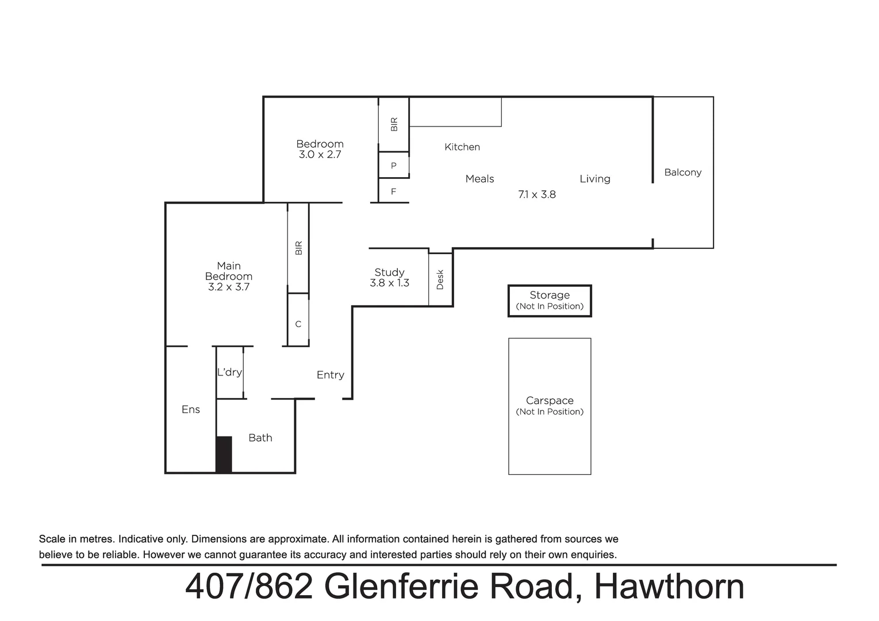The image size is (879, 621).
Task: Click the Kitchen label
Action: (462, 147)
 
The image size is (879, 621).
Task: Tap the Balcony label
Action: (682, 172)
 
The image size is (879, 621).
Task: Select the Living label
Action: (594, 179)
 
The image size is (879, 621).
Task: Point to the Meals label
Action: (479, 179)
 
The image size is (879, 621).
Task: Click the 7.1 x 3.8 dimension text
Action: (536, 194)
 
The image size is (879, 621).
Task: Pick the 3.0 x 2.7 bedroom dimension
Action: (320, 155)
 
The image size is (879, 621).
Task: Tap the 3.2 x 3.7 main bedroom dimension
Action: (228, 287)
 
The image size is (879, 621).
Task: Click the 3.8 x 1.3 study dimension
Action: (389, 283)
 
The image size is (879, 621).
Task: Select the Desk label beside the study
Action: (440, 279)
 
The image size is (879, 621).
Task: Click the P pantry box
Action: (394, 166)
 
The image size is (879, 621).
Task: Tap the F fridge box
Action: (393, 191)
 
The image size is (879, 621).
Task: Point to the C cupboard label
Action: (298, 324)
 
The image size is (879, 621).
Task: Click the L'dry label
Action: (229, 372)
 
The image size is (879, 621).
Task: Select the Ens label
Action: (190, 409)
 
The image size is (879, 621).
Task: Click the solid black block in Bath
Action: (224, 454)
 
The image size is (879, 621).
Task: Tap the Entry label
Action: (330, 375)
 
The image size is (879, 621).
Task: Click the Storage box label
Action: (549, 296)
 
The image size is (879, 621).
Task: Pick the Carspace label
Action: (549, 401)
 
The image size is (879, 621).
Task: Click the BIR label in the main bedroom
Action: (298, 248)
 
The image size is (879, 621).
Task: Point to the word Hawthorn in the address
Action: (669, 586)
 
